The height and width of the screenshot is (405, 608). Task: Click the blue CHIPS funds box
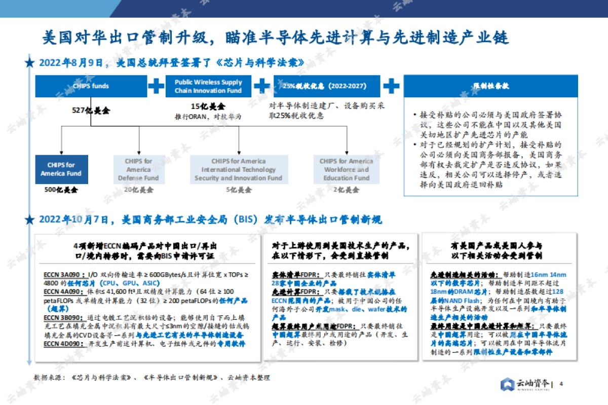point(91,86)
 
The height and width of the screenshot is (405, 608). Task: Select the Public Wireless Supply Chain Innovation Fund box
point(208,86)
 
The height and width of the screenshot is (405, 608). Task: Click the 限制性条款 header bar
point(490,86)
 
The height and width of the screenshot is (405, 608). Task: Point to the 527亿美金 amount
point(91,110)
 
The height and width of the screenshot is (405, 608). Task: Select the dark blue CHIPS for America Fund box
point(61,169)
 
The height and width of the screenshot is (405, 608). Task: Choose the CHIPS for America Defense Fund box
point(138,169)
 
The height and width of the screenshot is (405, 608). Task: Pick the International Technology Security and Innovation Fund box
point(238,169)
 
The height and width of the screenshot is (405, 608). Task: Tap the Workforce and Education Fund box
point(346,169)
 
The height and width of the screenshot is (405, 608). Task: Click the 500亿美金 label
point(61,190)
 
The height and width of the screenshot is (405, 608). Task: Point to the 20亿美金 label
point(138,190)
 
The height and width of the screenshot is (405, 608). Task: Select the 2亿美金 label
point(346,190)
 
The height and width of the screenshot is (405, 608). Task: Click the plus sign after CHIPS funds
point(156,86)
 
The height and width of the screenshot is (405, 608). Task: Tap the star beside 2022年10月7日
point(29,220)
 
